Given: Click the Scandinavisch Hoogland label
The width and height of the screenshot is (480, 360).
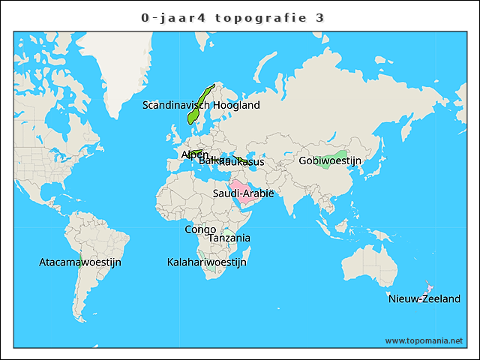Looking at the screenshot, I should pos(201,106).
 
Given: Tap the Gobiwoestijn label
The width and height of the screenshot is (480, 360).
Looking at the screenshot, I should pos(330,161).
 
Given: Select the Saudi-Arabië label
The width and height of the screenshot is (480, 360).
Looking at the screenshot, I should pos(243,194).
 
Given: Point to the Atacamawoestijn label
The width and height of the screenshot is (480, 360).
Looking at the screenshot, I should pos(80,262).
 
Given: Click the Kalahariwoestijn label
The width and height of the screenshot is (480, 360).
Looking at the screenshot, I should pos(206,262).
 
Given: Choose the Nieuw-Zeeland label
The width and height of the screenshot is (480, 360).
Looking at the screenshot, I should pos(424,299).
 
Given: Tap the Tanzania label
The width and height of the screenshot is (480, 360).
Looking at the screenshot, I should pos(229,238).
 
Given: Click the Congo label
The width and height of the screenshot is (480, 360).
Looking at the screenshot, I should pos(200,229).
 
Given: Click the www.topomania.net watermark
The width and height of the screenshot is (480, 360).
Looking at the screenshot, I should pos(424,340).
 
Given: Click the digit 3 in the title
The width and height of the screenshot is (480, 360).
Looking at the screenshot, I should pos(319,17).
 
